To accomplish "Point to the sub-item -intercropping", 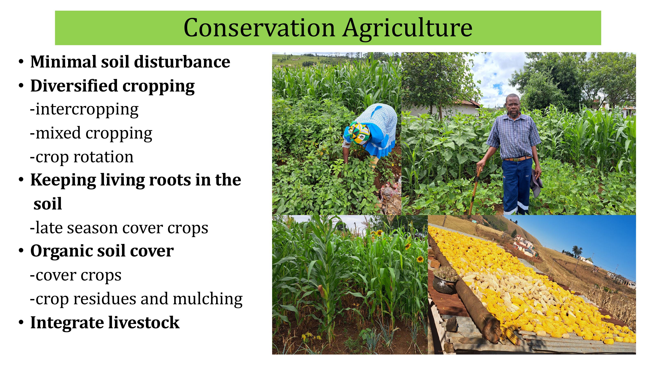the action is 84,110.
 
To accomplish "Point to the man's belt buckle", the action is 516,159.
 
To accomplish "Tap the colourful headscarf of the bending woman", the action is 358,133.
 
